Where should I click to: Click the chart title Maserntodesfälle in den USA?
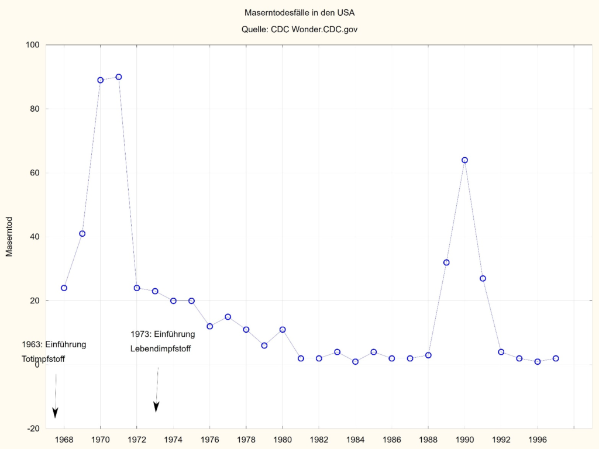tap(299, 12)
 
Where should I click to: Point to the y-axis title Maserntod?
tap(9, 236)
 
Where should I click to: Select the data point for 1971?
tap(119, 77)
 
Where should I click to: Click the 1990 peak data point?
tap(464, 160)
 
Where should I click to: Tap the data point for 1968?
tap(64, 288)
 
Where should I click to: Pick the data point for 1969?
tap(82, 233)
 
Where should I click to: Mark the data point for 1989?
tap(446, 263)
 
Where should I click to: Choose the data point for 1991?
tap(483, 278)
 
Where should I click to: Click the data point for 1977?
tap(228, 317)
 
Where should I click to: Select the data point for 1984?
tap(355, 361)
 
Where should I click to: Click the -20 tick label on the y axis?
tap(32, 429)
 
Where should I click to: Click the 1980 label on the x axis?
tap(283, 439)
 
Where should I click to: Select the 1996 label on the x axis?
tap(538, 439)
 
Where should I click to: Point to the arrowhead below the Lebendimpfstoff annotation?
tap(156, 407)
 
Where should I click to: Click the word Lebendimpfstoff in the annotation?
tap(160, 349)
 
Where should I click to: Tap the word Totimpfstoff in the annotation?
tap(43, 358)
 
